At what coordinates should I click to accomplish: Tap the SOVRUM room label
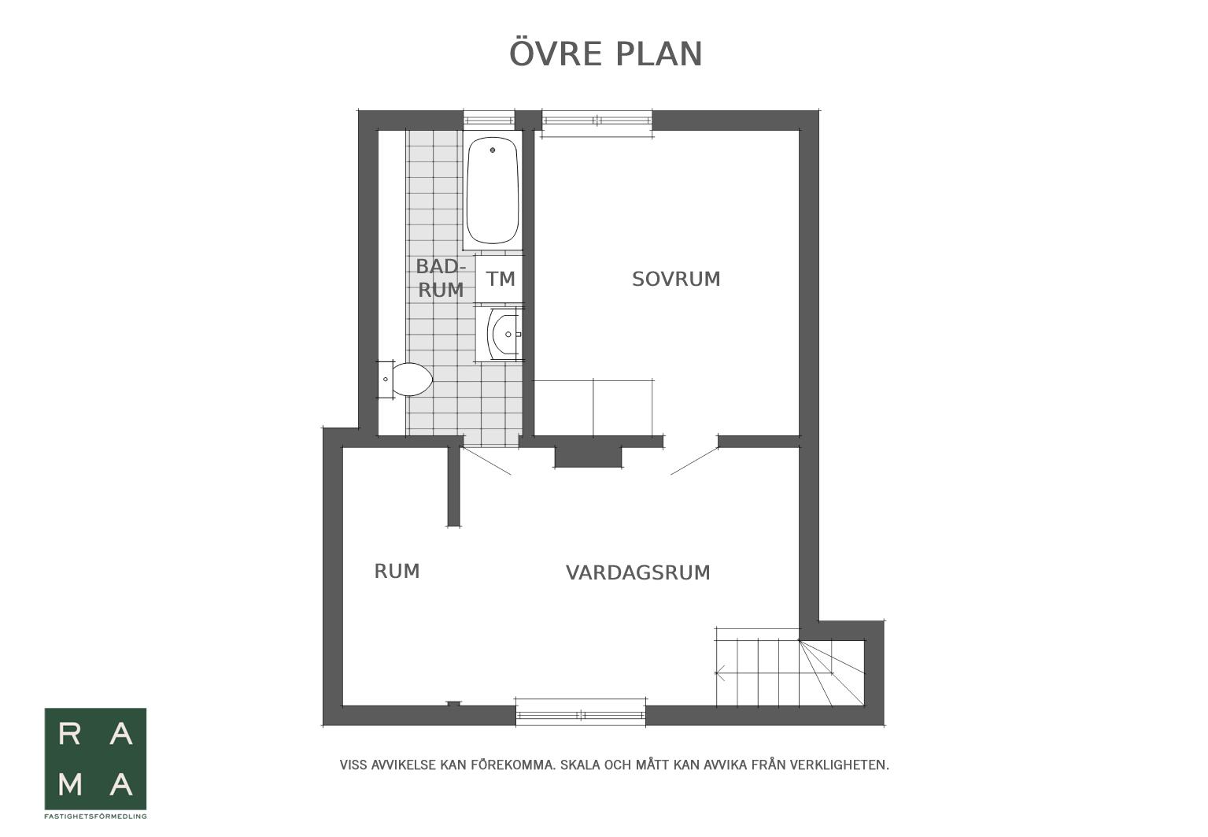[x=676, y=279]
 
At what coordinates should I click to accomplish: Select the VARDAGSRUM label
[x=638, y=572]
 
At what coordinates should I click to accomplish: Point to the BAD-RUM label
[x=441, y=278]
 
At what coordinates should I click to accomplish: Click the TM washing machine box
[x=500, y=279]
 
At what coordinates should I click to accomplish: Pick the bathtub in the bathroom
[x=493, y=190]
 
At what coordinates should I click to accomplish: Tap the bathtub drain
[x=493, y=150]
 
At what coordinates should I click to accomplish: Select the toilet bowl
[x=412, y=380]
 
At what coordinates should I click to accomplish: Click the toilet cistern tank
[x=385, y=380]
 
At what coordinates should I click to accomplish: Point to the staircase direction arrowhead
[x=719, y=673]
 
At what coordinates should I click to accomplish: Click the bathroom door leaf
[x=486, y=461]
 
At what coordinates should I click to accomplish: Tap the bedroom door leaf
[x=695, y=461]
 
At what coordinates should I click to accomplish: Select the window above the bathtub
[x=489, y=120]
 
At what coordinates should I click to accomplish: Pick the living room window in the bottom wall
[x=581, y=716]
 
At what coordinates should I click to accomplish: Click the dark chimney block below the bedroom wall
[x=589, y=457]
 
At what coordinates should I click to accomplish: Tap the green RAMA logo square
[x=95, y=758]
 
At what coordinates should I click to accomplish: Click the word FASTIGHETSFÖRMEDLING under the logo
[x=95, y=817]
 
